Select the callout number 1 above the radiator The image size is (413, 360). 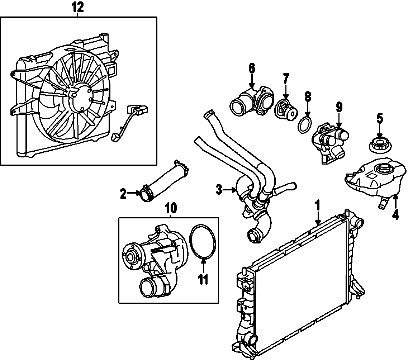point(317,205)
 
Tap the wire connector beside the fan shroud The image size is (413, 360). point(138,108)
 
